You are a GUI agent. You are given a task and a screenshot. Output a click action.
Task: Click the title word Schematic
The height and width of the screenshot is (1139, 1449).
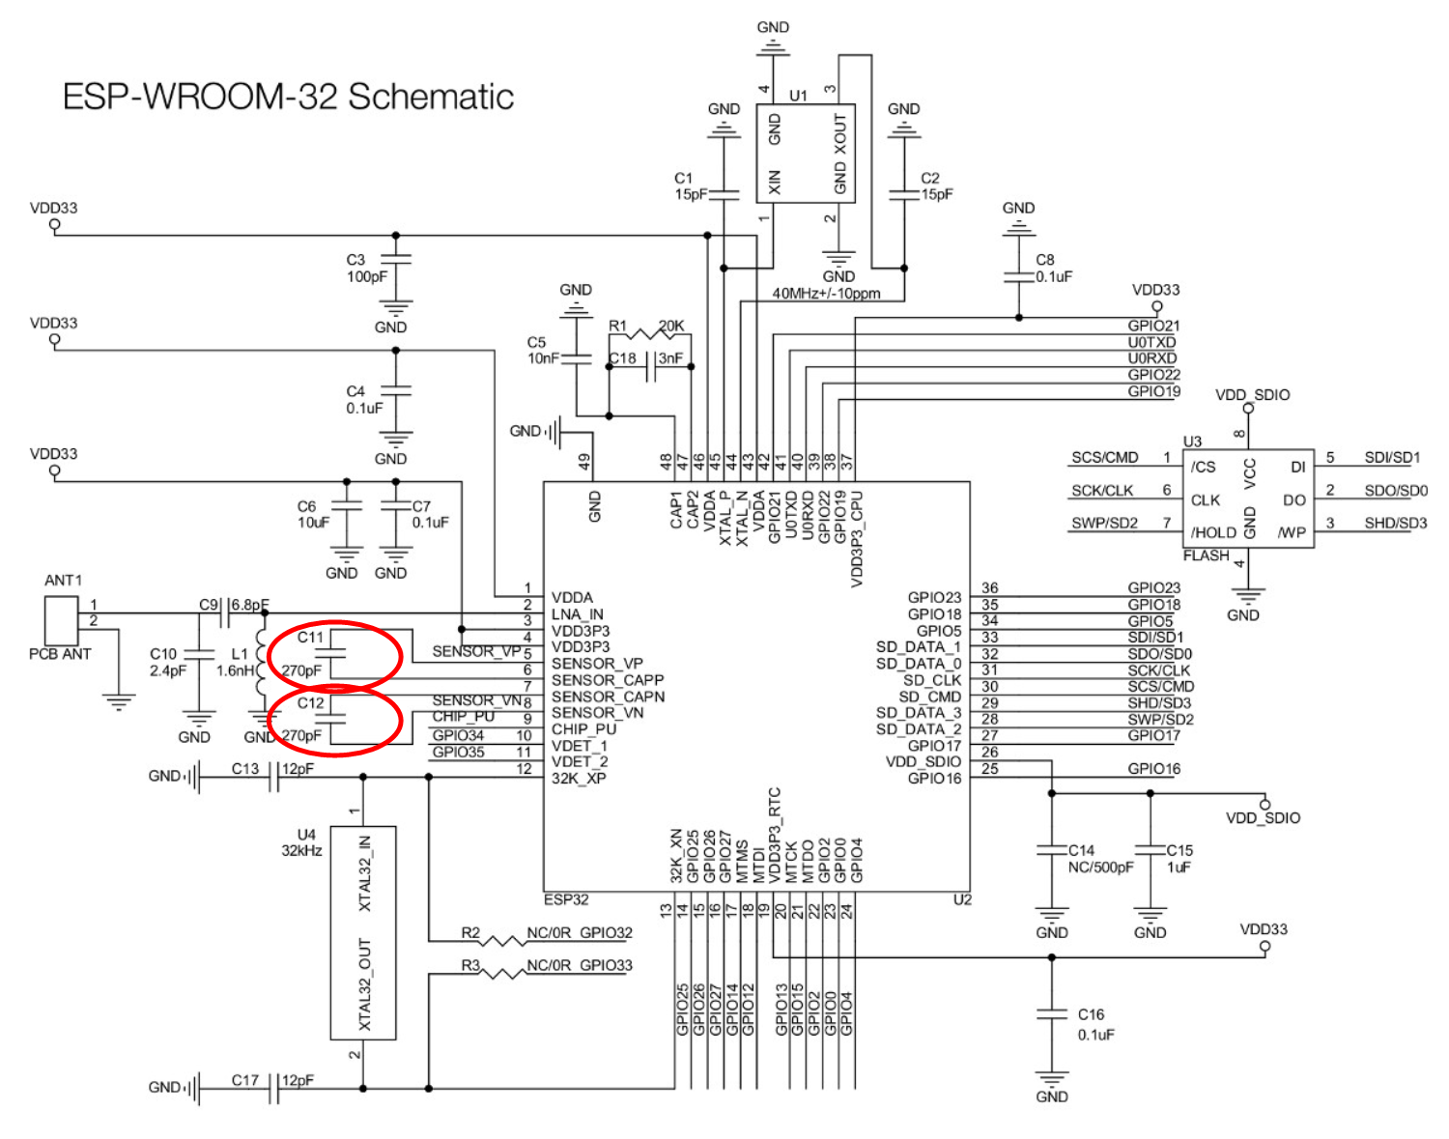430,97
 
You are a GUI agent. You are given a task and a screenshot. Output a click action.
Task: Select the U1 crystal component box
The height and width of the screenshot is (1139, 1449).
805,154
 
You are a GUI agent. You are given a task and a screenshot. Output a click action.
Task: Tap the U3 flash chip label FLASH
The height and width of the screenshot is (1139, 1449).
1205,555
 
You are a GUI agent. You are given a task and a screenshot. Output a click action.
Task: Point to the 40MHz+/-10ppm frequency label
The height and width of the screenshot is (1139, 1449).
826,294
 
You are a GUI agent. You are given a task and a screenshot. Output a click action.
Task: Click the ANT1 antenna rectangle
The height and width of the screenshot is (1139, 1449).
62,620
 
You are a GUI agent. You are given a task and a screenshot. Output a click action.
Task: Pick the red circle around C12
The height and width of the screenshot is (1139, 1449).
335,721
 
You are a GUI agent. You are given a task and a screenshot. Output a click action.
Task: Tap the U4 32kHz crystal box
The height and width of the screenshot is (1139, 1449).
363,933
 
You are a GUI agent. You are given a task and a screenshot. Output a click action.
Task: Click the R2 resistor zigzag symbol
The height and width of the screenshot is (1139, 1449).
502,941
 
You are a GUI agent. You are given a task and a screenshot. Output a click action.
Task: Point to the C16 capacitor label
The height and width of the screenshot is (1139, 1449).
1091,1014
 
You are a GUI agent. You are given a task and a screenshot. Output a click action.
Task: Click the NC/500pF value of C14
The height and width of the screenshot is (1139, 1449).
1100,868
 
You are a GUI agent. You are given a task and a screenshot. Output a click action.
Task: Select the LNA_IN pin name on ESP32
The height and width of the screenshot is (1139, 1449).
577,614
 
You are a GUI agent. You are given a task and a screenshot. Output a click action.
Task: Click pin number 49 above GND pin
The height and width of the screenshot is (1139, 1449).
584,462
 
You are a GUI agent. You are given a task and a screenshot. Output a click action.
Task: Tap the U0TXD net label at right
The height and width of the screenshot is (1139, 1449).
1151,342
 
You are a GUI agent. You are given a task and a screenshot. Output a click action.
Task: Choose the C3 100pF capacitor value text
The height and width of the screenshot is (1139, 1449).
366,276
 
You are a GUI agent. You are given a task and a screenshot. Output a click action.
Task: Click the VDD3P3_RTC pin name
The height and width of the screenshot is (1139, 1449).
774,835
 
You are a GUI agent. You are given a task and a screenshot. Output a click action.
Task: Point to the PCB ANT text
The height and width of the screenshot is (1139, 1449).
59,654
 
